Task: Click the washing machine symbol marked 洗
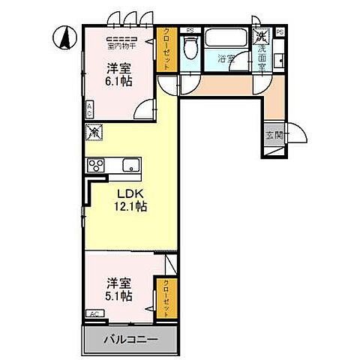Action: pyautogui.click(x=261, y=36)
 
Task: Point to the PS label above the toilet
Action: pyautogui.click(x=190, y=31)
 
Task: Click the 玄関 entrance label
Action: pyautogui.click(x=273, y=135)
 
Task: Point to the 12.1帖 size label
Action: pyautogui.click(x=130, y=207)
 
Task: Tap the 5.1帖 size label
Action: pyautogui.click(x=119, y=296)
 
